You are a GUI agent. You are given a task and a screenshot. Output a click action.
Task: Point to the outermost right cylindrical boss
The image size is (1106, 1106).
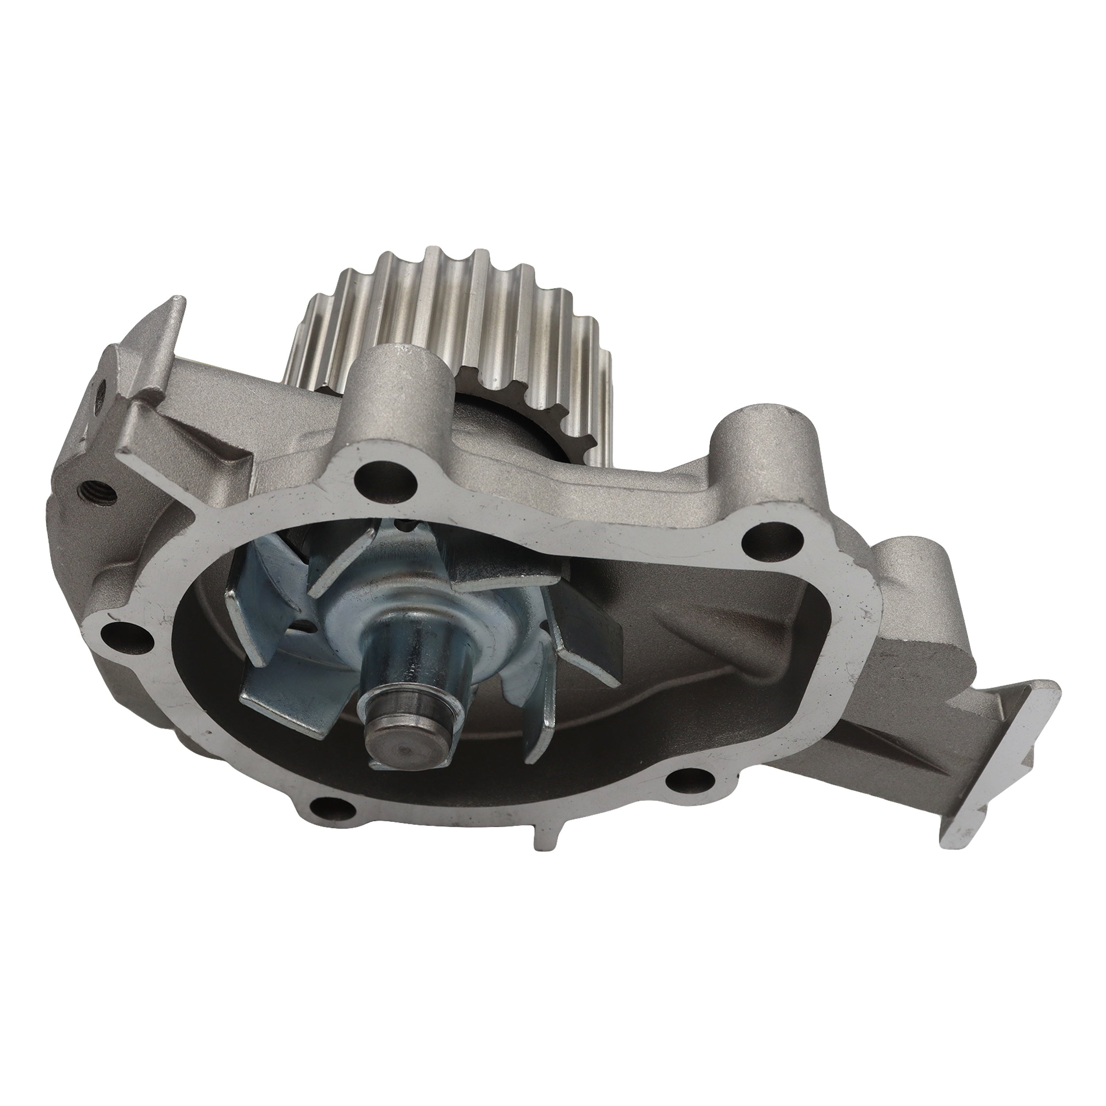pos(910,578)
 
